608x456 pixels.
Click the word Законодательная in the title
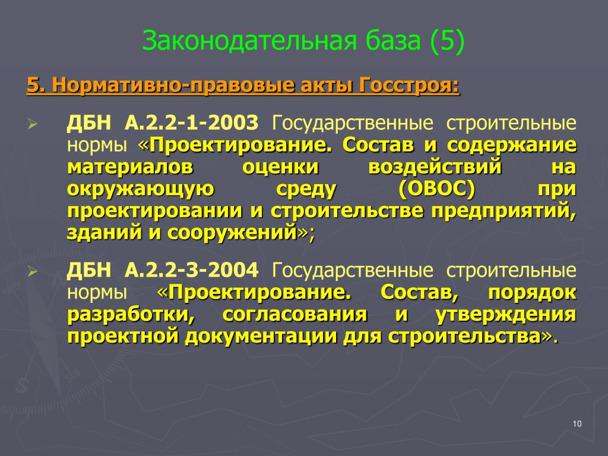[x=249, y=41]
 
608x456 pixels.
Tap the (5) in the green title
[x=446, y=41]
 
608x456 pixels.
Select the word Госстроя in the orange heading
[x=409, y=85]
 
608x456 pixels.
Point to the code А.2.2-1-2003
[x=191, y=122]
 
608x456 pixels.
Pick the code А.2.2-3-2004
[x=191, y=270]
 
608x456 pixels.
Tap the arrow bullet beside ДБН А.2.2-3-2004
[x=33, y=272]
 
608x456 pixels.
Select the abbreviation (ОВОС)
[x=436, y=189]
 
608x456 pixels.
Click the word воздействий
[x=435, y=167]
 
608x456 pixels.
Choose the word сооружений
[x=232, y=233]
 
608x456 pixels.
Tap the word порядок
[x=532, y=293]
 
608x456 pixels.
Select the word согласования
[x=294, y=315]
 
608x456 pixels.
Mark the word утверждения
[x=506, y=315]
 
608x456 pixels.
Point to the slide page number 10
[x=577, y=424]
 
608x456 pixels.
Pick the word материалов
[x=130, y=167]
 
